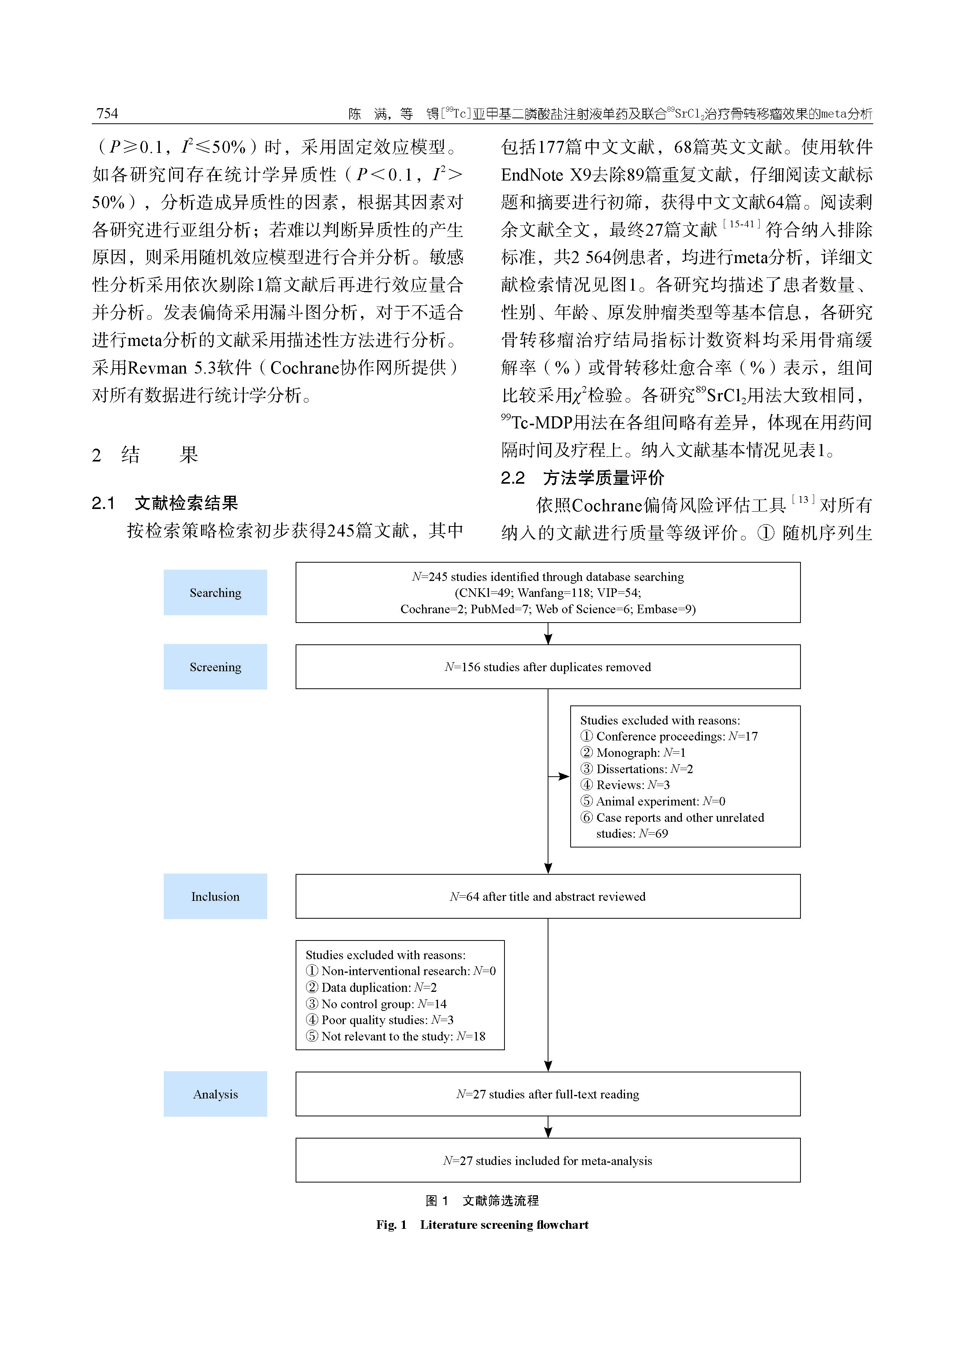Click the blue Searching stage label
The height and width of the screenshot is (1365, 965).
215,593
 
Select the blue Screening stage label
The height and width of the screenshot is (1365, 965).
215,667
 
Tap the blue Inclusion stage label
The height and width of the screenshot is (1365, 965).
215,897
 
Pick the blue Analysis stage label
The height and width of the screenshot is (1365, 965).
215,1094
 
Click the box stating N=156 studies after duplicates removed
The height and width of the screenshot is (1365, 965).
547,667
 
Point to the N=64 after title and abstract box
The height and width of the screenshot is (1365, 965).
547,897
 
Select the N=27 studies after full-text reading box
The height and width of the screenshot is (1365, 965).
547,1094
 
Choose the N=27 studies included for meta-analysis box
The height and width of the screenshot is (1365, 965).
547,1160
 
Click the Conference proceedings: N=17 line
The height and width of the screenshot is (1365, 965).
669,737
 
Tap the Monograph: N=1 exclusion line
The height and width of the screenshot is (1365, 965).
633,753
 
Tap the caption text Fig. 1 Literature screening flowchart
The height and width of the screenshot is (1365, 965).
482,1225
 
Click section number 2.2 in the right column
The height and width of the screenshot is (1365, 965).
512,478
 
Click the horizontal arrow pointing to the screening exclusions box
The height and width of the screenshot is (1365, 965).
559,776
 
